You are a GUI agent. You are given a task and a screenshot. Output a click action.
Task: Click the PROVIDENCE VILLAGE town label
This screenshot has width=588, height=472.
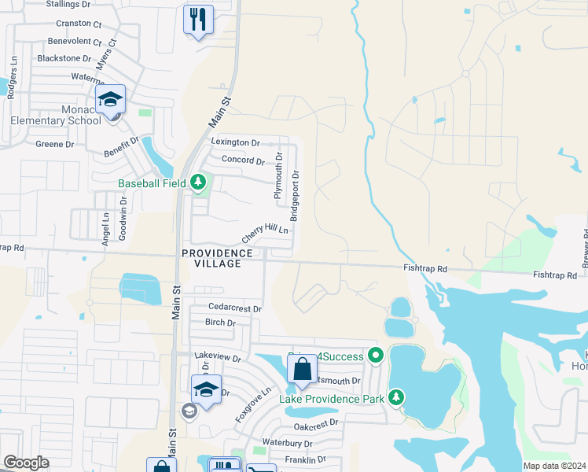coord(218,259)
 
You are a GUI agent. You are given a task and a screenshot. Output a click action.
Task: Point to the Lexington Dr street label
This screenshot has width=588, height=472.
coord(236,142)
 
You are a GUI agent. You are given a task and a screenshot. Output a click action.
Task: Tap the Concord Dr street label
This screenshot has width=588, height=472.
coord(243,160)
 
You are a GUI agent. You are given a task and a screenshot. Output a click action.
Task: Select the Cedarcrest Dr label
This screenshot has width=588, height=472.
coord(234,308)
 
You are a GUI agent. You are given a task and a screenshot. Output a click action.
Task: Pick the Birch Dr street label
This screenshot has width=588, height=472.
coord(220,323)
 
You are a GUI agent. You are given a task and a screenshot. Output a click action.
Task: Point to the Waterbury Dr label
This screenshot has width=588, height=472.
coord(287,443)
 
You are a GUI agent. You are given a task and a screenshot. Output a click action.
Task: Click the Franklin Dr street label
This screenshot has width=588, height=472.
coord(305,459)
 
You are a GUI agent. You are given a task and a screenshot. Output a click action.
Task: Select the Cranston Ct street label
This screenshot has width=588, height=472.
coord(79,24)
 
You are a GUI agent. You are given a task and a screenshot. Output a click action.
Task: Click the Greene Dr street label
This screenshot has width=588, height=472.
coord(55,144)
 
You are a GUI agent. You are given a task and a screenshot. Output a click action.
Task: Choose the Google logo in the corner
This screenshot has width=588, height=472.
coord(26,463)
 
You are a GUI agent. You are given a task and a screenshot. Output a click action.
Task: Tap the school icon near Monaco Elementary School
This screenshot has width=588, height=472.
coord(111,100)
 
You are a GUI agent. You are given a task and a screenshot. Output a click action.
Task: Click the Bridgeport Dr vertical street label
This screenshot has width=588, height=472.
coord(295,196)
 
